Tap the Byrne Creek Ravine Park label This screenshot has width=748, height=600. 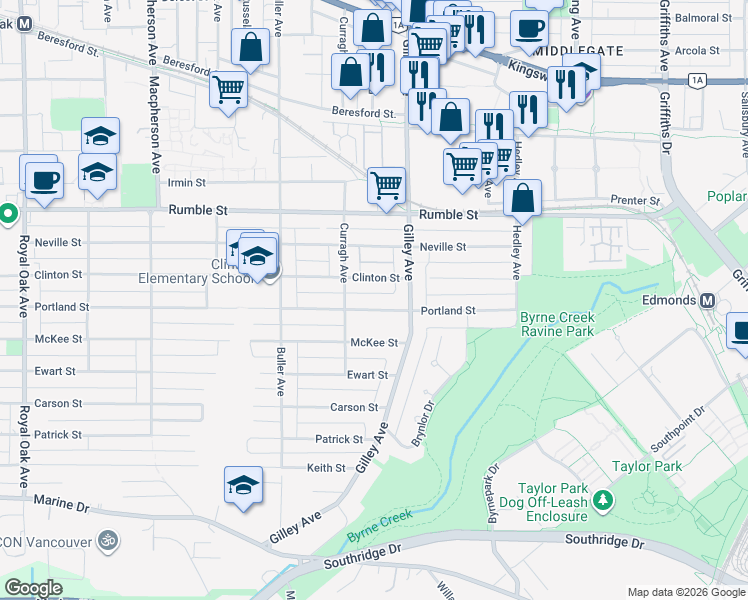[x=557, y=324]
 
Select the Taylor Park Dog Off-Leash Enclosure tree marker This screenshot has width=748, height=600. [x=602, y=498]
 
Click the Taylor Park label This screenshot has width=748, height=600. [x=646, y=466]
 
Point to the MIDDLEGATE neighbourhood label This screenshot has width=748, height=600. [x=579, y=50]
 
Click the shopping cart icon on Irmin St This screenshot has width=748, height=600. [x=386, y=184]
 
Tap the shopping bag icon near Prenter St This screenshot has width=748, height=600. [x=523, y=198]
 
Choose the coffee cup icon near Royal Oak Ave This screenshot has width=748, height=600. [x=43, y=180]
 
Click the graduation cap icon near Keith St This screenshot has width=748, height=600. [x=243, y=485]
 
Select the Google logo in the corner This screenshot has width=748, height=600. [x=32, y=588]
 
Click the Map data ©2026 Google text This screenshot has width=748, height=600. [x=685, y=592]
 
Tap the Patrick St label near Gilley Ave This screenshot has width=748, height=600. [x=339, y=439]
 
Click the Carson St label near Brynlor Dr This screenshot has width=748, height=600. [x=354, y=407]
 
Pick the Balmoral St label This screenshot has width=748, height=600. [x=704, y=18]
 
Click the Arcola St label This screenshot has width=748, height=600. [x=697, y=50]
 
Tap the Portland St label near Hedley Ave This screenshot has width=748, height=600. [x=447, y=311]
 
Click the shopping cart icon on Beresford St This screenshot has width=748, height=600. [x=228, y=89]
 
